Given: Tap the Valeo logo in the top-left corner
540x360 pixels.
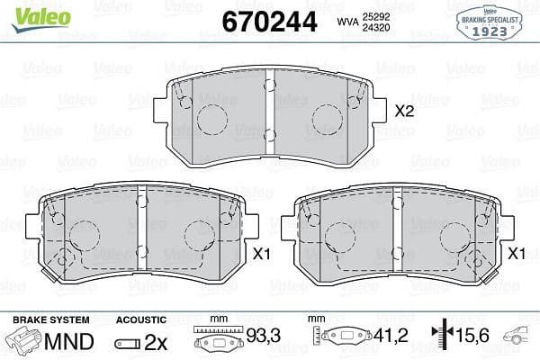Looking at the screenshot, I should click(31, 12).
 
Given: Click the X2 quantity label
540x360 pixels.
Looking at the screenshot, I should click(404, 112).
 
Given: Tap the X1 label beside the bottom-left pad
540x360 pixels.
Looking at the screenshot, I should click(262, 255).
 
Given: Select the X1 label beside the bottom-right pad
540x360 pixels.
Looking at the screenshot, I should click(517, 255).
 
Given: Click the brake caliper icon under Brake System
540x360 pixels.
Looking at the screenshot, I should click(25, 341).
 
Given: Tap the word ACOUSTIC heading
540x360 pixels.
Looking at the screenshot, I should click(141, 319).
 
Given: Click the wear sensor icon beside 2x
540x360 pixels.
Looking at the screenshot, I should click(128, 342).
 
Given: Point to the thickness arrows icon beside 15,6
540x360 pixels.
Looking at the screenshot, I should click(441, 337).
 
